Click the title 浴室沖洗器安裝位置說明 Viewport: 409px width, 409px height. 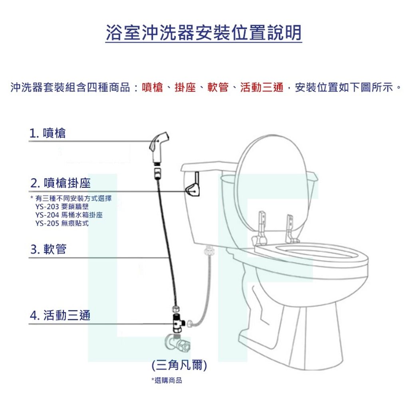204,33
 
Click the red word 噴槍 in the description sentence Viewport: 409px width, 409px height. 152,87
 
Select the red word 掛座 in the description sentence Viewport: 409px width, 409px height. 185,87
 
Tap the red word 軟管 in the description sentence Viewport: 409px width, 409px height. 218,87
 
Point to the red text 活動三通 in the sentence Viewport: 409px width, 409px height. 262,87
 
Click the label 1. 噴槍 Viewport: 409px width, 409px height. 47,133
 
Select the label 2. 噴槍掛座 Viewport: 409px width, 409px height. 60,183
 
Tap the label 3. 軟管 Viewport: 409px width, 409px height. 48,249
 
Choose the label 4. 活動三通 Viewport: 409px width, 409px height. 60,316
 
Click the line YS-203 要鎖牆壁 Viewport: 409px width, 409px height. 62,207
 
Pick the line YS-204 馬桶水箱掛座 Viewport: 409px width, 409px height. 69,215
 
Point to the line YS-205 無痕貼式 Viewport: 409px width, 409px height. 62,223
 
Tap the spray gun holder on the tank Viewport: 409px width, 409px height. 193,186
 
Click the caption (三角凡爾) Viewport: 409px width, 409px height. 179,365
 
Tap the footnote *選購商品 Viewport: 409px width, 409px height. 167,380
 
